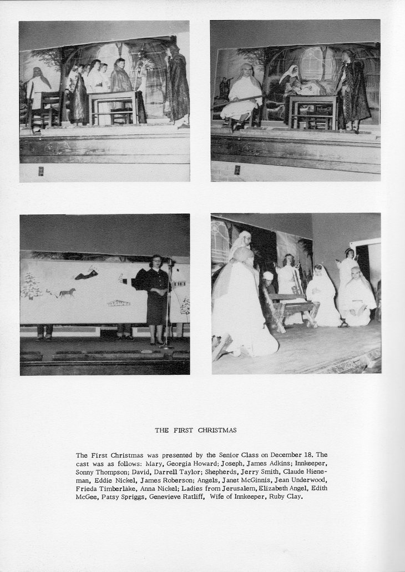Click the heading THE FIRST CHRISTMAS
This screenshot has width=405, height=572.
click(x=195, y=430)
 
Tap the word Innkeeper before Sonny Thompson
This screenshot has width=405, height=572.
click(x=311, y=463)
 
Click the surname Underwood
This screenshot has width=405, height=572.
click(x=308, y=480)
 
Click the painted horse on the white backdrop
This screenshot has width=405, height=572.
click(x=67, y=292)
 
